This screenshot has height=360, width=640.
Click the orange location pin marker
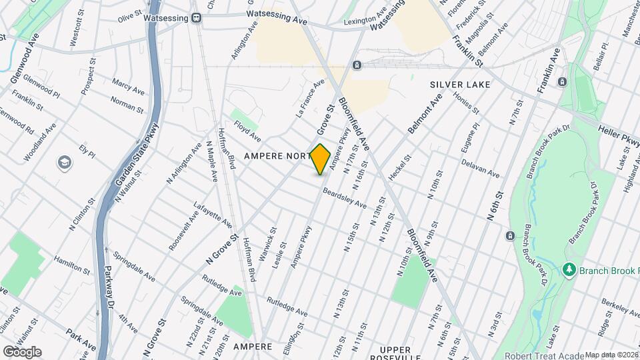(x=321, y=159)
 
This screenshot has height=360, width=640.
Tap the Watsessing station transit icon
(x=197, y=18)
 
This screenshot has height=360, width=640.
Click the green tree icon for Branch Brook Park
(x=569, y=270)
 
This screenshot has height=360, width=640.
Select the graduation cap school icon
(x=65, y=162)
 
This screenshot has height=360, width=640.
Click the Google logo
(x=21, y=351)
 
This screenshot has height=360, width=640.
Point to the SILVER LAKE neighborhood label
(x=460, y=85)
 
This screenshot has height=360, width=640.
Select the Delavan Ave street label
(x=480, y=169)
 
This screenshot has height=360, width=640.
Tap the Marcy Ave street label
(x=129, y=87)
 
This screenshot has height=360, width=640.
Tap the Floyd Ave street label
(x=247, y=131)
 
